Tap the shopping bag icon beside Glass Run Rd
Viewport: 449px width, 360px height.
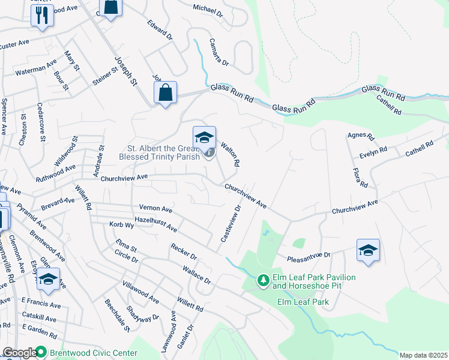165,94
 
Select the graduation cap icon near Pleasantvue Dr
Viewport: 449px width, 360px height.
368,251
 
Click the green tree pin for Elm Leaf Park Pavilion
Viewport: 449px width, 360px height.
262,280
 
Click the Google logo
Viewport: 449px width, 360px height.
19,353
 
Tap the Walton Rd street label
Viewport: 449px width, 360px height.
231,154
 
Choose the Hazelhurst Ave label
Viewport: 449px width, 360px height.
156,224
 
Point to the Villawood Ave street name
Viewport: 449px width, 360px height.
140,291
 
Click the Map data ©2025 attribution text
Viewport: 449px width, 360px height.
423,355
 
